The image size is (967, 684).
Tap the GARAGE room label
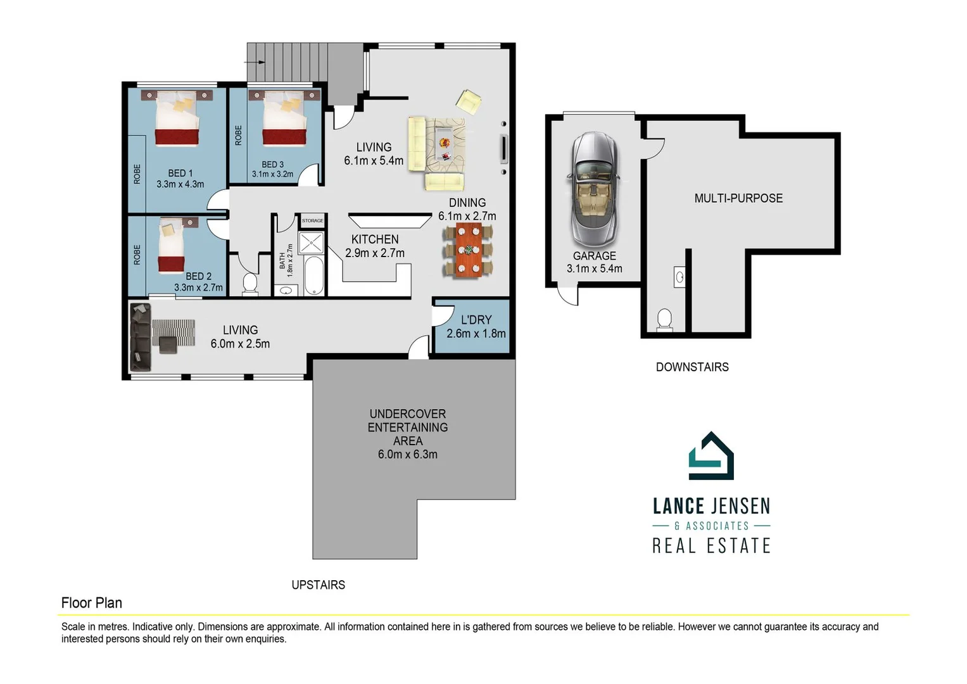coord(594,256)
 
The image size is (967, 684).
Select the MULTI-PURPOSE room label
coord(738,198)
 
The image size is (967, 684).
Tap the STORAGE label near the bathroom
coord(312,220)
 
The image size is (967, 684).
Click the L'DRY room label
coord(476,320)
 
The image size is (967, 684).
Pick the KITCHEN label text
coord(375,239)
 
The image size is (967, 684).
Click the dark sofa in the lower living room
coord(141,337)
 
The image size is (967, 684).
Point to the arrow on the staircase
coord(256,62)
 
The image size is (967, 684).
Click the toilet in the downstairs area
coord(664,319)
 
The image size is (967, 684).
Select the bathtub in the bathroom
coord(313,275)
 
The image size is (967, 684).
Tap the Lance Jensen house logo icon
coord(711,457)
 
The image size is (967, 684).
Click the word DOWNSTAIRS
coord(692,367)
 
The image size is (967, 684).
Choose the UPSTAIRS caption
coord(318,585)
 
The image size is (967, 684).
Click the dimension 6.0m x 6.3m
coord(407,455)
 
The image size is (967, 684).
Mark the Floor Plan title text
coord(92,603)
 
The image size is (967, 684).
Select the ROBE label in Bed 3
coord(239,136)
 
